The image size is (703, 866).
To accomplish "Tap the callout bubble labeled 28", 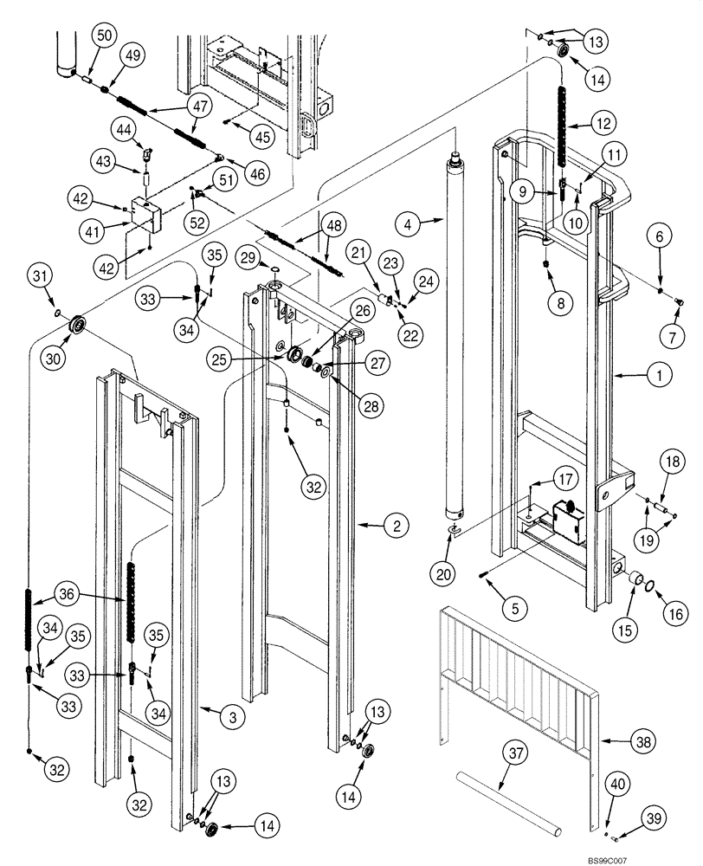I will [372, 405].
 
